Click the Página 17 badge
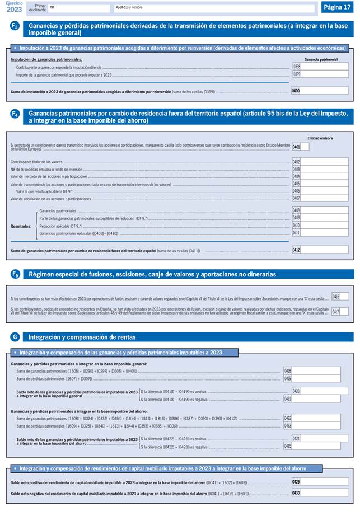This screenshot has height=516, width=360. (x=338, y=7)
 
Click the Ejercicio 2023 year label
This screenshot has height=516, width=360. (x=15, y=7)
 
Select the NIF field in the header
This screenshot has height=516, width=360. (x=78, y=8)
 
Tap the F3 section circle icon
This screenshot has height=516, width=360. (x=15, y=26)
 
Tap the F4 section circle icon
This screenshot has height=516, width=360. (x=15, y=114)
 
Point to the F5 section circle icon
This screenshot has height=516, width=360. (x=15, y=274)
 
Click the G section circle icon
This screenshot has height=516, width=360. (x=15, y=336)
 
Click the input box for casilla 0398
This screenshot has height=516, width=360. (x=325, y=66)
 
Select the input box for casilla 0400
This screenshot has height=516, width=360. (x=325, y=91)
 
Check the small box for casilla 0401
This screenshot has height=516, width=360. (x=305, y=147)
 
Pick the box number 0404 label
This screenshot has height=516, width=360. (x=296, y=176)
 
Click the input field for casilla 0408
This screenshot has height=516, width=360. (x=325, y=210)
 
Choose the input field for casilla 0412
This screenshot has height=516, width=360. (x=325, y=250)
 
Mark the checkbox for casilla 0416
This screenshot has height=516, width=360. (x=344, y=296)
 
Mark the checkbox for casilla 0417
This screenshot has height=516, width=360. (x=344, y=312)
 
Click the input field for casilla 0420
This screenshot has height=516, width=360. (x=325, y=391)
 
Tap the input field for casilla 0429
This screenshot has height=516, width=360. (x=325, y=481)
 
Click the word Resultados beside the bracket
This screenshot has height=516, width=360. (x=21, y=226)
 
